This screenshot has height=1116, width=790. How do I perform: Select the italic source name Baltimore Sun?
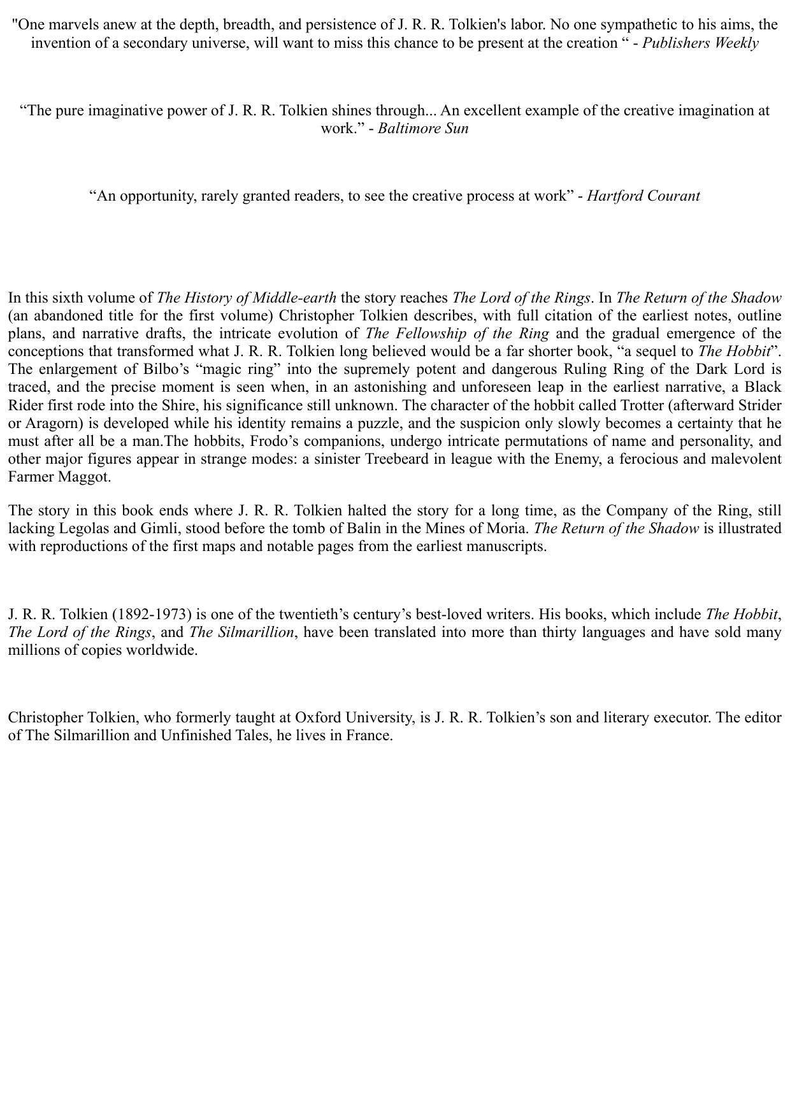click(423, 128)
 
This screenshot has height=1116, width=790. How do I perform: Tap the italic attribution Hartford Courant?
click(643, 196)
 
